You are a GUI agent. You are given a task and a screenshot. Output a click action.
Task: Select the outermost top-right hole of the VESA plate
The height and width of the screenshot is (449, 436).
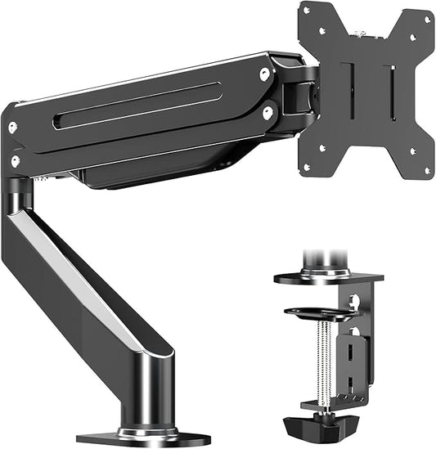tap(427, 20)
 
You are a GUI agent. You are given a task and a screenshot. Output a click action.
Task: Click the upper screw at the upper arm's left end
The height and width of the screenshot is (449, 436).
tap(12, 128)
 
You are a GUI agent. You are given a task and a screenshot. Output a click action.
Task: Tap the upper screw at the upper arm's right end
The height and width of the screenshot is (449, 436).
tap(264, 74)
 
